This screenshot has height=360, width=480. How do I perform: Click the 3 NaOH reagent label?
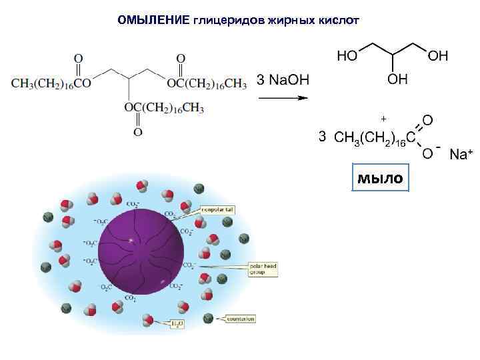point(283,80)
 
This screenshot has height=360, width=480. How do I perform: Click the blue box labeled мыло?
point(379,178)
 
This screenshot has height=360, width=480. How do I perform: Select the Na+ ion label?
point(461,155)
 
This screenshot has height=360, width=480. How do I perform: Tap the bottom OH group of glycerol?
point(398,79)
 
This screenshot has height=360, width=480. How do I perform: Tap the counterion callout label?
point(241,319)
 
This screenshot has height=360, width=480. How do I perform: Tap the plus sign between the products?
point(383,119)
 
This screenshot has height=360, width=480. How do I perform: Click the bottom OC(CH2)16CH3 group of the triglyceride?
point(164,108)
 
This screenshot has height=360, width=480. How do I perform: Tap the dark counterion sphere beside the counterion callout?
point(209,318)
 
